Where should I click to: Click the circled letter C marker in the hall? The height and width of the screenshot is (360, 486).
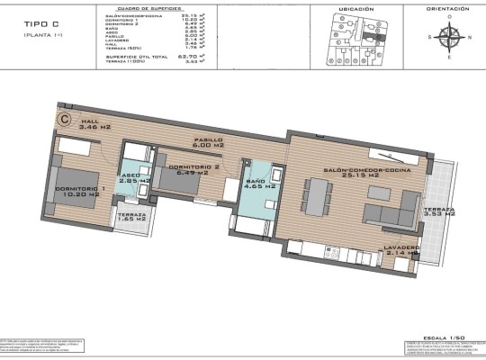tap(65, 117)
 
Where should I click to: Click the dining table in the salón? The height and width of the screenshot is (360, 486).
tap(317, 197)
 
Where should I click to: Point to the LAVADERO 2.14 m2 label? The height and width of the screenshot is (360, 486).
tap(400, 250)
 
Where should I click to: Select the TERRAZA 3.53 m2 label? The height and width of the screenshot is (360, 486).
tap(440, 212)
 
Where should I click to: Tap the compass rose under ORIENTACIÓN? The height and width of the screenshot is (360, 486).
tap(449, 38)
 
